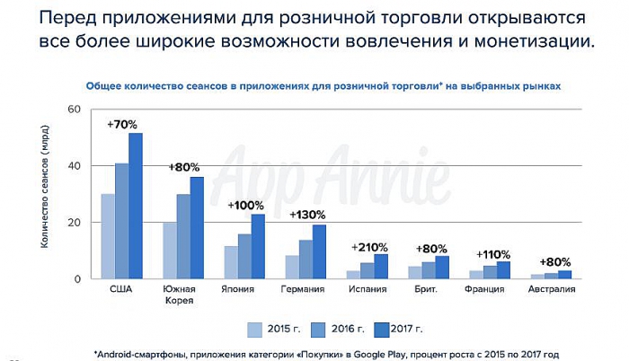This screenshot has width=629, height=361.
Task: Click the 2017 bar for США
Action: [x=136, y=206]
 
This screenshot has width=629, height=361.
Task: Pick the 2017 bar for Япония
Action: [x=259, y=246]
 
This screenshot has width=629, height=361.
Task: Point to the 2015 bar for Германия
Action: [x=293, y=267]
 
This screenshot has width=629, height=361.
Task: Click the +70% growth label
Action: [x=123, y=123]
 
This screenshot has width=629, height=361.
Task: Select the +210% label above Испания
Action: [x=368, y=246]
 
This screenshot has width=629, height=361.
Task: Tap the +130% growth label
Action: [x=306, y=215]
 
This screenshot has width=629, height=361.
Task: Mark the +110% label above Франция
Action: [x=493, y=253]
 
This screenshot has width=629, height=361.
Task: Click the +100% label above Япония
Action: [x=245, y=205]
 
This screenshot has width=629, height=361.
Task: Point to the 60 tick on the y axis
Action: [x=75, y=110]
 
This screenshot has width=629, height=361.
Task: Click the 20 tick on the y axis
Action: [x=75, y=222]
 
